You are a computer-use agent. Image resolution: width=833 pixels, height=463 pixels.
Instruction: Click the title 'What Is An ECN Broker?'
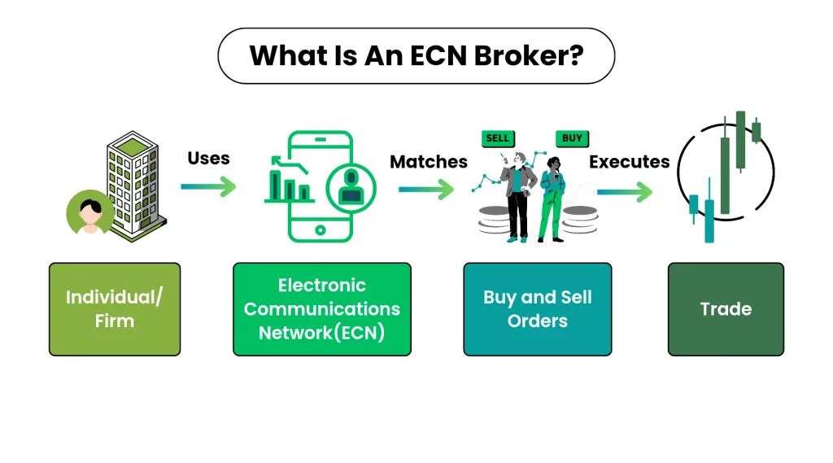(x=416, y=55)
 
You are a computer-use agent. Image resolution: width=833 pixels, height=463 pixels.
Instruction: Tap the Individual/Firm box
(x=115, y=308)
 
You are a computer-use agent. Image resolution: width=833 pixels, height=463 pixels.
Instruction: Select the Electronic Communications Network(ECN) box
(x=322, y=308)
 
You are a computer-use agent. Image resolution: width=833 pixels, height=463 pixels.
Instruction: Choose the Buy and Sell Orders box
(x=537, y=308)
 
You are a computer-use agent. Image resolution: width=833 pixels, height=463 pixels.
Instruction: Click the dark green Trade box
(x=726, y=308)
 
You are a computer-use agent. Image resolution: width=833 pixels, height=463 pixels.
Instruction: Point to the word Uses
(x=208, y=157)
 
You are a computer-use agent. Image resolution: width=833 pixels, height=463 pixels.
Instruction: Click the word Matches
(x=429, y=161)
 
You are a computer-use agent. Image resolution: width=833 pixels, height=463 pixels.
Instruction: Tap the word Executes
(x=629, y=161)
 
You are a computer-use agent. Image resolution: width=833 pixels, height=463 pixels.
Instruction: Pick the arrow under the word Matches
(x=426, y=190)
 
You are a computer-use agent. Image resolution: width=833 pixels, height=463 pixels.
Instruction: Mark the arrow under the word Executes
(x=625, y=193)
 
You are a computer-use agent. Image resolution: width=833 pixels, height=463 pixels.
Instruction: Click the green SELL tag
(x=497, y=138)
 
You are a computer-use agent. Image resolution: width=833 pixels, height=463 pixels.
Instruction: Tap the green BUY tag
(x=572, y=138)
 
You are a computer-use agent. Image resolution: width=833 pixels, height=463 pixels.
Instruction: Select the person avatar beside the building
(x=89, y=213)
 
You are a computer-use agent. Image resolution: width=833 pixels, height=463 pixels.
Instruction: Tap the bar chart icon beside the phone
(x=288, y=184)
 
